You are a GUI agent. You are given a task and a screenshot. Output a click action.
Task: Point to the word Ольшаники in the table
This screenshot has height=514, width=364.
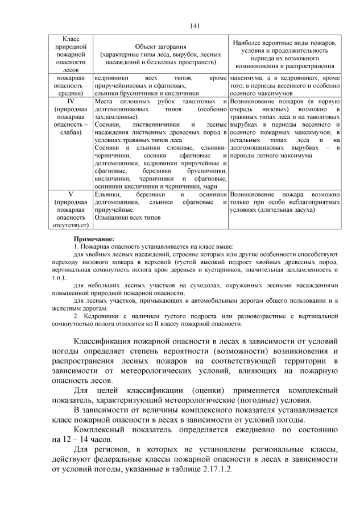point(113,218)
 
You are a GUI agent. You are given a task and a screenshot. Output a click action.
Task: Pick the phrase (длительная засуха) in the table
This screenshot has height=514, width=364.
point(287,210)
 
